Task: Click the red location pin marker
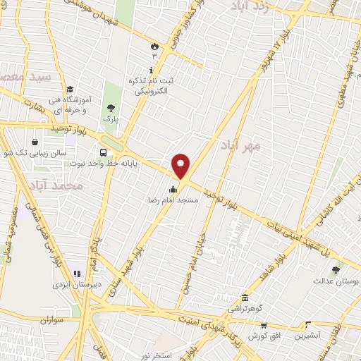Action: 181,167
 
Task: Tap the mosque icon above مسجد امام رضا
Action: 173,189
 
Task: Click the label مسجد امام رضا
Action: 173,200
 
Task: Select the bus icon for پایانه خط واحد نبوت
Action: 104,152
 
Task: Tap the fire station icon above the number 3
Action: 154,44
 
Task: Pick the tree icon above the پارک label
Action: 110,108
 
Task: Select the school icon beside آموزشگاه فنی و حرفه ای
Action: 70,89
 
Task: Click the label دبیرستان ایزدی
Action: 69,285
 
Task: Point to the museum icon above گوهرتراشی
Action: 244,298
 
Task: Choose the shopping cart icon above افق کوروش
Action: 264,326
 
